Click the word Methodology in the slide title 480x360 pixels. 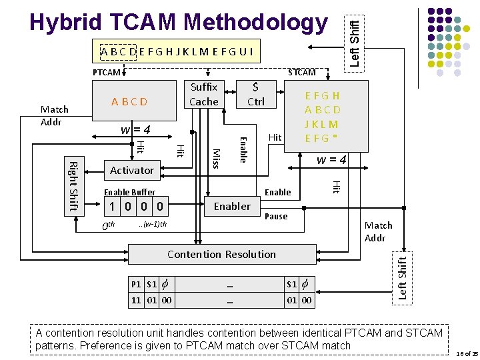[x=256, y=22]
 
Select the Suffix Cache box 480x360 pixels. [x=204, y=95]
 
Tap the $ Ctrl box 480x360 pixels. [x=255, y=95]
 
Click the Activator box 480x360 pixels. [x=131, y=171]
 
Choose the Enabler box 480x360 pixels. [x=232, y=207]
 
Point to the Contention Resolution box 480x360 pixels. [x=221, y=254]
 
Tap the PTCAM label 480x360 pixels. [x=106, y=72]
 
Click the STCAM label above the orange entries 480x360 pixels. [x=301, y=72]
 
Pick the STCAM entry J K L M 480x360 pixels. [x=322, y=124]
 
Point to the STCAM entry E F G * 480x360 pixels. [x=322, y=139]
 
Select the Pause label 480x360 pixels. [x=276, y=217]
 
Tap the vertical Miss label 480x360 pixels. [x=215, y=158]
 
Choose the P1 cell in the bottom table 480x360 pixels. [x=136, y=284]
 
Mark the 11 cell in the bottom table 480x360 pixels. [x=136, y=300]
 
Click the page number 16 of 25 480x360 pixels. [x=467, y=353]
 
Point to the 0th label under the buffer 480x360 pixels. [x=108, y=226]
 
